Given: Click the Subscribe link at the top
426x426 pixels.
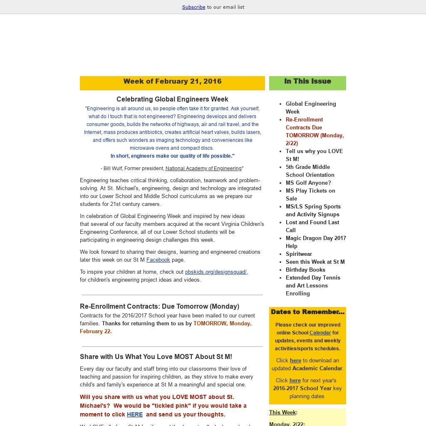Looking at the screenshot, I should pos(193,7).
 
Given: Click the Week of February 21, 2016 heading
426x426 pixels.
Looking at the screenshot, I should pos(172,82).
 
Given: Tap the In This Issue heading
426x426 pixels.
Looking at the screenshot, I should pos(307,82).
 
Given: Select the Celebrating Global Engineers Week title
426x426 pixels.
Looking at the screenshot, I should pos(172,99).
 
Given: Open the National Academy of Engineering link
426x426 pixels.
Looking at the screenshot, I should pos(203,168).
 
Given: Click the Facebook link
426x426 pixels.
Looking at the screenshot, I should pos(158,260).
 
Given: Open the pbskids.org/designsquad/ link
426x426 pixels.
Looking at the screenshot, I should pos(215,272).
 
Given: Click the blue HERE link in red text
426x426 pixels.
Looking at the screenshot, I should pos(135,415).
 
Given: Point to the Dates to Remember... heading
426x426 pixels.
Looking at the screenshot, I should pos(307,312).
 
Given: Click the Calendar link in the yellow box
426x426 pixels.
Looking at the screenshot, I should pos(320,333).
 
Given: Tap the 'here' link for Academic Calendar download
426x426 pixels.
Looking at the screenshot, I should pos(295,361).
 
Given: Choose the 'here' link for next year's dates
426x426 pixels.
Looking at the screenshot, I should pos(295,381).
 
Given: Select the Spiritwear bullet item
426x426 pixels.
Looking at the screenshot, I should pos(299,254).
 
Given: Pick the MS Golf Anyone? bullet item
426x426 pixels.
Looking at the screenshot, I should pos(308,183).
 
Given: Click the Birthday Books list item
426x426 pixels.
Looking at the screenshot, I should pos(305,270).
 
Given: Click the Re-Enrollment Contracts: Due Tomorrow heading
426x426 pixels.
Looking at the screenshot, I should pos(159,307).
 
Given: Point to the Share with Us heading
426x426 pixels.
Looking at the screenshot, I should pos(156,357).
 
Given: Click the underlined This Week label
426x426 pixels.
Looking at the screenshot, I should pos(282,413).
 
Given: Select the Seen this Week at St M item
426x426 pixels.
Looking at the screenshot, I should pos(315,262).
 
